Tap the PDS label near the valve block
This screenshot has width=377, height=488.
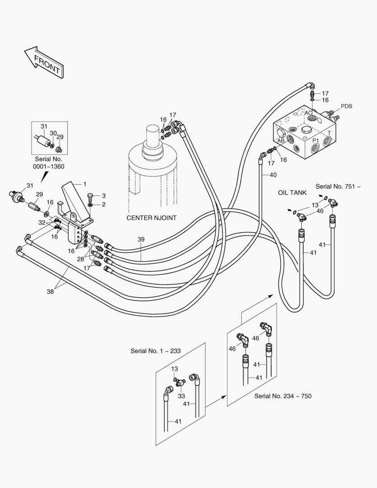(346, 106)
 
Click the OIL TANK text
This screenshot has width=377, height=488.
(292, 192)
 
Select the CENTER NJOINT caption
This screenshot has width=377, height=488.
(152, 218)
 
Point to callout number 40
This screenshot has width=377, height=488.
(273, 175)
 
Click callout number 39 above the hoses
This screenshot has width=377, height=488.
(141, 239)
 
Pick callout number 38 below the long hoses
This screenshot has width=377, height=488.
(50, 291)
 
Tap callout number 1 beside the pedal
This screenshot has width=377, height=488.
(84, 184)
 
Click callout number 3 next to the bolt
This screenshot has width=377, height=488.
(103, 196)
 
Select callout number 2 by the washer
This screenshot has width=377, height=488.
(103, 205)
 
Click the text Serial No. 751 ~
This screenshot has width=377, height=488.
(338, 187)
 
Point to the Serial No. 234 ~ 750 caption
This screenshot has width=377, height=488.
(283, 396)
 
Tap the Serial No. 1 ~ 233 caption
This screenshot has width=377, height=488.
(155, 351)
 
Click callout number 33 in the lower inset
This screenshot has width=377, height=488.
(182, 396)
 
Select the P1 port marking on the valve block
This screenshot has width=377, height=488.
(316, 141)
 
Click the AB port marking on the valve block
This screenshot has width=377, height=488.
(281, 141)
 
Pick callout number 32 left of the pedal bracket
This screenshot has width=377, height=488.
(42, 222)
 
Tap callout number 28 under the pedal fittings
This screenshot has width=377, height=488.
(80, 259)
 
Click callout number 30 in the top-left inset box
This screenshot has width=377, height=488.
(53, 133)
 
